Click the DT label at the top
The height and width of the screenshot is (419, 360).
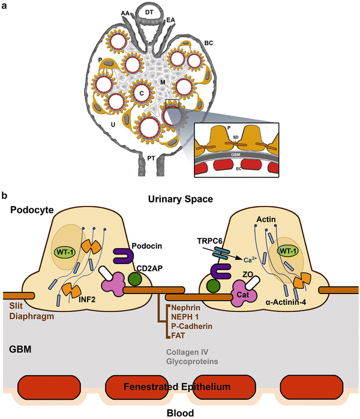pyautogui.click(x=181, y=12)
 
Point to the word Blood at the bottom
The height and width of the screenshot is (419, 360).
pyautogui.click(x=179, y=412)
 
